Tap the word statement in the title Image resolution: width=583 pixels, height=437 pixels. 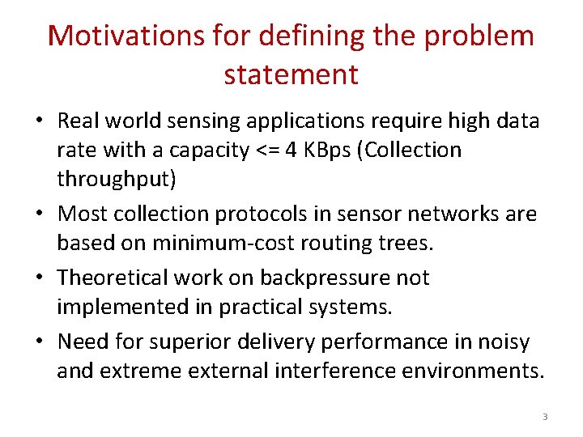click(291, 74)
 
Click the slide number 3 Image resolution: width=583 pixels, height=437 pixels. click(545, 417)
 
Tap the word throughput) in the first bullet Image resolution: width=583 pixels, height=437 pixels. click(116, 179)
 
